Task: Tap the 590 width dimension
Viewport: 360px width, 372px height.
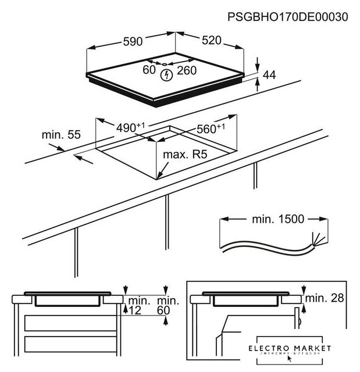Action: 133,41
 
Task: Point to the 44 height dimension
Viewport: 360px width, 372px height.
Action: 269,74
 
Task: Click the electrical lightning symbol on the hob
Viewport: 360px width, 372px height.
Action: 167,74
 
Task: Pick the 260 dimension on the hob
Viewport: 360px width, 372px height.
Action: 187,70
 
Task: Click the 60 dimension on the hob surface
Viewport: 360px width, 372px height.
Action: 149,70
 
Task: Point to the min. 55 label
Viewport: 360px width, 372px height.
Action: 60,135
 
